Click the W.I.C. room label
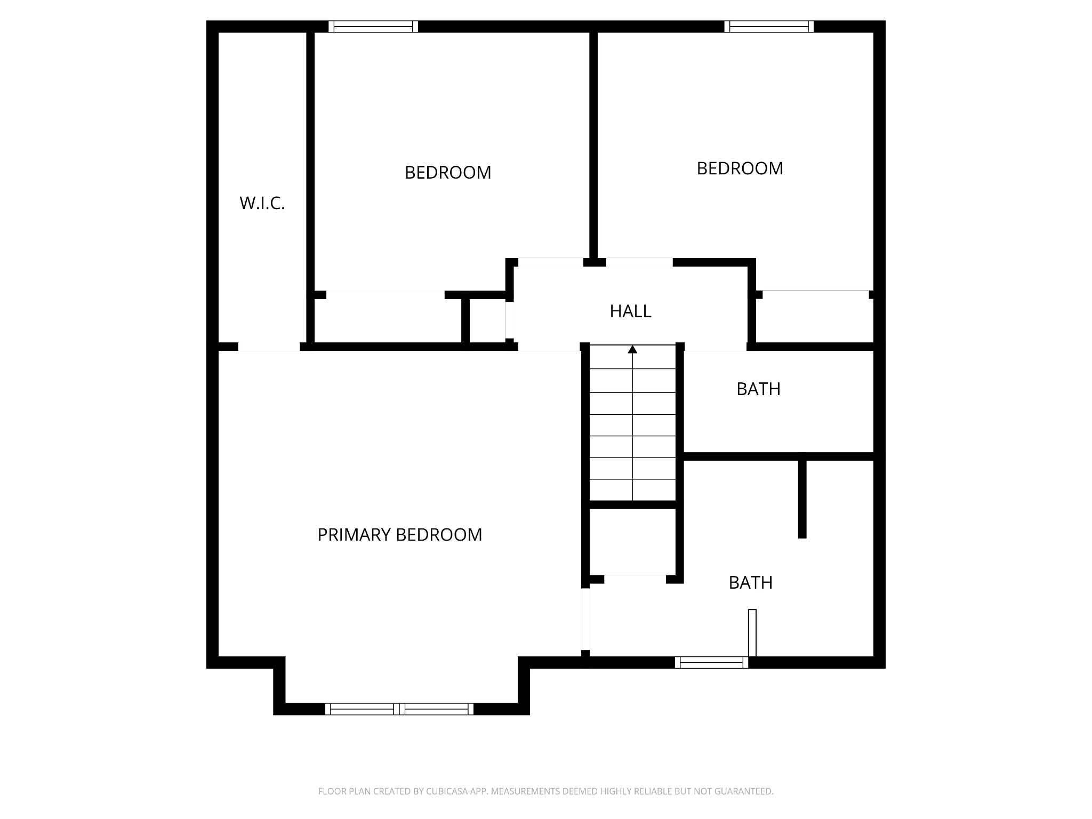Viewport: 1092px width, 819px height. coord(262,203)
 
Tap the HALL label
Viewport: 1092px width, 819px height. coord(630,311)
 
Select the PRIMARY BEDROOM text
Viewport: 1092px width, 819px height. coord(399,535)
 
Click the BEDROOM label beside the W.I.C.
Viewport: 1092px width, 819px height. coord(448,173)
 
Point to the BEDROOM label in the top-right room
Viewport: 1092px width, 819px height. coord(740,168)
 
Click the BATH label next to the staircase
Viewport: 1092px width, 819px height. coord(758,389)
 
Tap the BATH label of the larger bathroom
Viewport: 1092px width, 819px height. coord(750,583)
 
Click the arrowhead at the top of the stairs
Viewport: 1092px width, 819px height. coord(632,349)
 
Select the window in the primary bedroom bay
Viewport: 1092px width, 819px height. coord(399,709)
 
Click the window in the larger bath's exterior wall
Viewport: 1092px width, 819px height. coord(711,663)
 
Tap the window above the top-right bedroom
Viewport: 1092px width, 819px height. coord(769,27)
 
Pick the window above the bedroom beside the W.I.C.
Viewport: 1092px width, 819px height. coord(373,27)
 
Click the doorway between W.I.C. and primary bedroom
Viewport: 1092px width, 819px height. coord(269,347)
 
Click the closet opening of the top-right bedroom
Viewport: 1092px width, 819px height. coord(816,291)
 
